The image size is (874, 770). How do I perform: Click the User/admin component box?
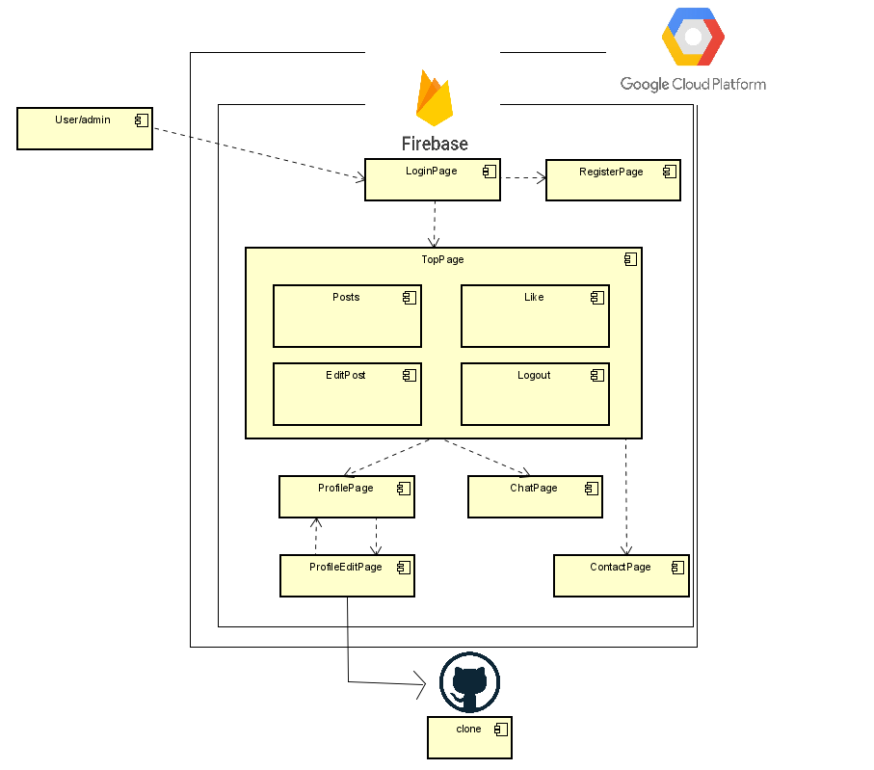pyautogui.click(x=85, y=129)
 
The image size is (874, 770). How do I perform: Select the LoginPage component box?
pyautogui.click(x=432, y=179)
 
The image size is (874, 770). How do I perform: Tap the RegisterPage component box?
pyautogui.click(x=613, y=180)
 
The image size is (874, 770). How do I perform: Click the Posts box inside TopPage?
pyautogui.click(x=347, y=316)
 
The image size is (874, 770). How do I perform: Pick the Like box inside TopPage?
pyautogui.click(x=535, y=316)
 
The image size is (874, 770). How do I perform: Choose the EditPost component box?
pyautogui.click(x=347, y=394)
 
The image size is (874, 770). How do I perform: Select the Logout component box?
pyautogui.click(x=535, y=394)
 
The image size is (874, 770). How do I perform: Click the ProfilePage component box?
pyautogui.click(x=346, y=496)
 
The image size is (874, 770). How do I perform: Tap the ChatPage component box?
pyautogui.click(x=535, y=496)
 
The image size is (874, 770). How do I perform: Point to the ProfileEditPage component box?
pyautogui.click(x=347, y=575)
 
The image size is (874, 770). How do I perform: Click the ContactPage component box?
pyautogui.click(x=621, y=575)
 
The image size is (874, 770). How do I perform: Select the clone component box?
pyautogui.click(x=469, y=737)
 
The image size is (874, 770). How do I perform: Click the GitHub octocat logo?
pyautogui.click(x=469, y=681)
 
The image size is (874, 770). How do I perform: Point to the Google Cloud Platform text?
pyautogui.click(x=693, y=84)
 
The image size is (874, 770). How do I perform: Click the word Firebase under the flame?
pyautogui.click(x=435, y=144)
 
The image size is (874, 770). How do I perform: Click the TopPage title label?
pyautogui.click(x=442, y=259)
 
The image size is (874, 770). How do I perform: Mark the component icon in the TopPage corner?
pyautogui.click(x=630, y=259)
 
